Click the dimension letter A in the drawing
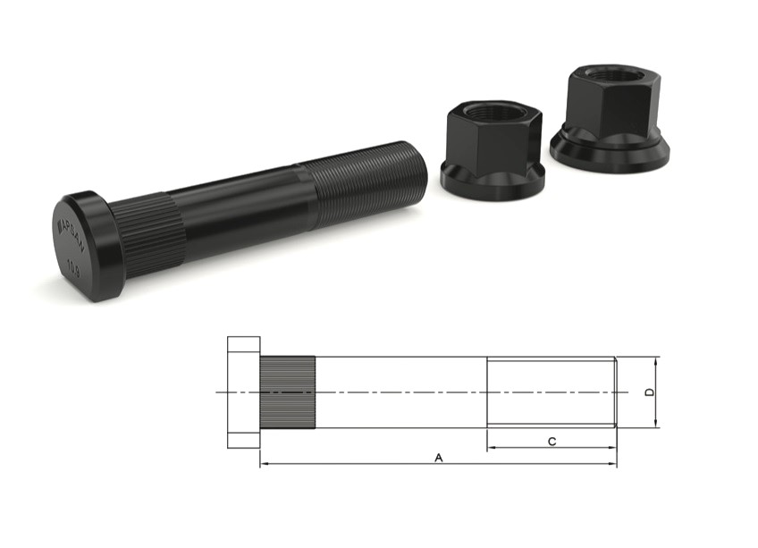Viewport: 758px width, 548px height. point(438,457)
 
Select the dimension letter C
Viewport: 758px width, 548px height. point(552,441)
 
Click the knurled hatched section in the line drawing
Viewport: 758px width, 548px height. point(287,392)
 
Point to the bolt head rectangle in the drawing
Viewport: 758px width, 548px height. point(243,392)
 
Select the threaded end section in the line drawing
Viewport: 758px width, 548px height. point(551,392)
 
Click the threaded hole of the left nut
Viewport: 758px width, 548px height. point(488,113)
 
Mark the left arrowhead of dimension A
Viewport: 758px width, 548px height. point(264,464)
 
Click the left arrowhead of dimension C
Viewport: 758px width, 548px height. point(491,448)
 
